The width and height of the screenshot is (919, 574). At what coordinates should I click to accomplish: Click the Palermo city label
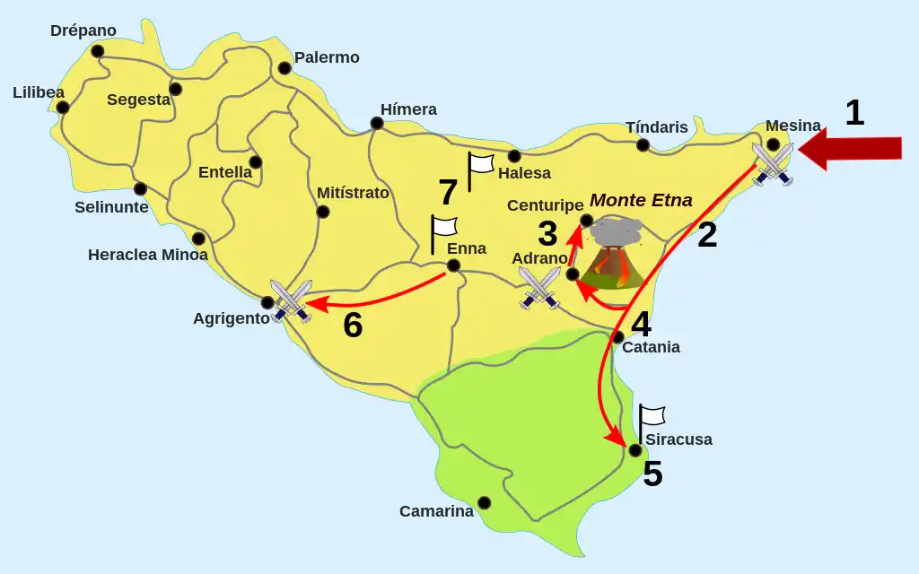click(327, 57)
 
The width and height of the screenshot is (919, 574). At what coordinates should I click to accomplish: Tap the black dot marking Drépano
click(97, 51)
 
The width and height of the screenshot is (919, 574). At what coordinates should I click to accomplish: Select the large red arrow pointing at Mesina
click(850, 149)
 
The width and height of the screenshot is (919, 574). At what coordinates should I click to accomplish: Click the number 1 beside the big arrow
click(854, 113)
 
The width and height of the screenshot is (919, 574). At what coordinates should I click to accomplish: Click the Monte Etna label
click(641, 200)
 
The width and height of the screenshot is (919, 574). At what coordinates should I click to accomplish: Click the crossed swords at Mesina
click(773, 164)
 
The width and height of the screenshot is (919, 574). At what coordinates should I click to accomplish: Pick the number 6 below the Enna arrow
click(353, 325)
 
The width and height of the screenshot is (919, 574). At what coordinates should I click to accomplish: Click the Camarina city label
click(436, 511)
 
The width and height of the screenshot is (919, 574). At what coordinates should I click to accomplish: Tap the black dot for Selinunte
click(140, 188)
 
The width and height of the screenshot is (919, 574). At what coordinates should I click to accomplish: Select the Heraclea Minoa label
click(147, 255)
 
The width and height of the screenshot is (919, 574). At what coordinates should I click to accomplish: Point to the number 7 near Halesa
click(448, 193)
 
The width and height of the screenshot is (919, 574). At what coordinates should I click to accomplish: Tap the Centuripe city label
click(546, 205)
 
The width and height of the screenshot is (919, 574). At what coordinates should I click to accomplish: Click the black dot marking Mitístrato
click(323, 212)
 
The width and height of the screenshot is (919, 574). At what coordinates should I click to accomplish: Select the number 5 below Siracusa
click(652, 474)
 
